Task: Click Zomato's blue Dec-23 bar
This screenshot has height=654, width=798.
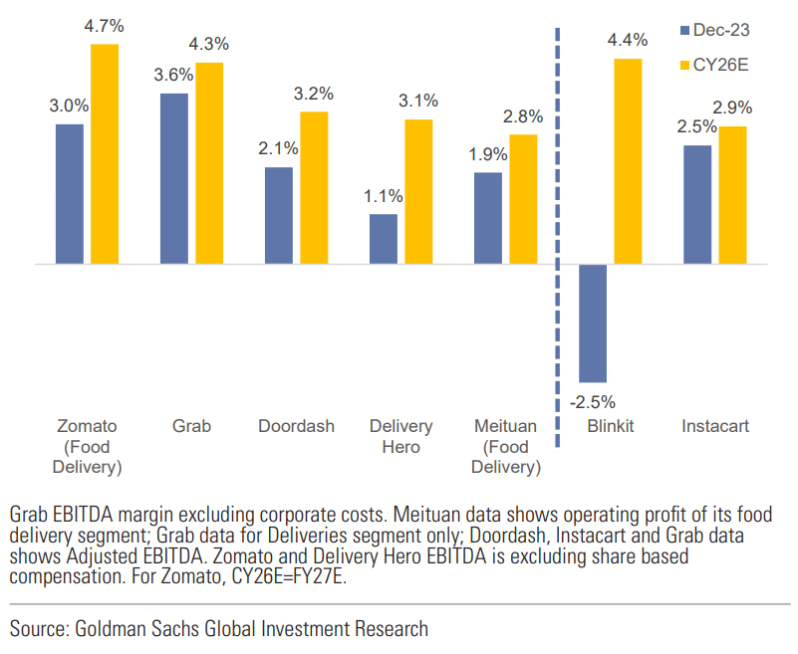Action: pyautogui.click(x=70, y=194)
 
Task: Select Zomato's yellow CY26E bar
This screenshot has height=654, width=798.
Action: pyautogui.click(x=105, y=154)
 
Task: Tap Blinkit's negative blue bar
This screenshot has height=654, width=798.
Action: pyautogui.click(x=593, y=324)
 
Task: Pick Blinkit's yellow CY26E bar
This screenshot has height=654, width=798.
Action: pyautogui.click(x=628, y=161)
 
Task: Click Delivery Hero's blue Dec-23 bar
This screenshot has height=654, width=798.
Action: pyautogui.click(x=384, y=239)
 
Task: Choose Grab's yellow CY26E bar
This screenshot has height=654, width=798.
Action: pyautogui.click(x=209, y=163)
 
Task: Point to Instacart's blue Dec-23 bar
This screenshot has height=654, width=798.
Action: pyautogui.click(x=697, y=204)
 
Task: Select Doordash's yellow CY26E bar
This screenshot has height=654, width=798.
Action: pyautogui.click(x=314, y=187)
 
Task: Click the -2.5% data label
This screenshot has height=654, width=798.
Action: pyautogui.click(x=593, y=402)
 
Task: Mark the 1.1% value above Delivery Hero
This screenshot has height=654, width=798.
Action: pyautogui.click(x=384, y=196)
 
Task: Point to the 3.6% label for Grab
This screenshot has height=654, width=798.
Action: pyautogui.click(x=174, y=76)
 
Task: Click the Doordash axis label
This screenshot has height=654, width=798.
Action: pyautogui.click(x=296, y=426)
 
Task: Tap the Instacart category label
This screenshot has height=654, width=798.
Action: pyautogui.click(x=715, y=426)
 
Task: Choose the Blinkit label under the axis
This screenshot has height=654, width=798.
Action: pyautogui.click(x=611, y=426)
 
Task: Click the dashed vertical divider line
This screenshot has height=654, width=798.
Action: pyautogui.click(x=556, y=249)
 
